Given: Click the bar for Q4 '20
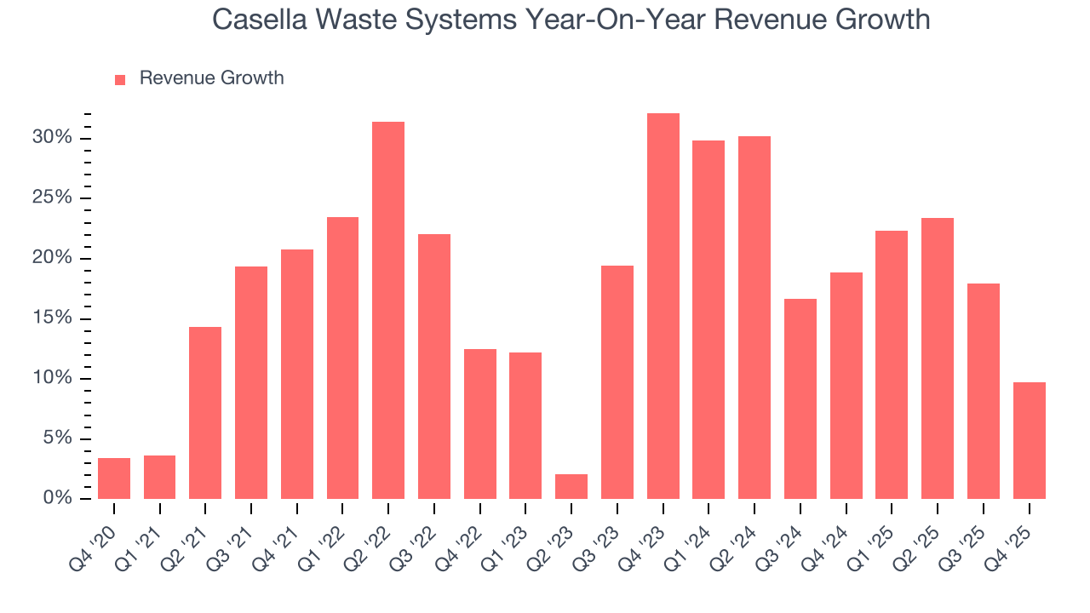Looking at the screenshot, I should [114, 478].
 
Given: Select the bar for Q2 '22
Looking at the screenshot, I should [388, 311].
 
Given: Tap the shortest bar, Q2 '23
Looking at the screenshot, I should [571, 487].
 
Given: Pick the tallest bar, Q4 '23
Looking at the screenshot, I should [663, 306].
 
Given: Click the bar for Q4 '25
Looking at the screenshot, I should [1029, 441].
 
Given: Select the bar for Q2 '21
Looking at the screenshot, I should [205, 413].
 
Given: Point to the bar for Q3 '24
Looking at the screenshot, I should [800, 399].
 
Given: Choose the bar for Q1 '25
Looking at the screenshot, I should [892, 365].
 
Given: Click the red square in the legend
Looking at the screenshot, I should [120, 79].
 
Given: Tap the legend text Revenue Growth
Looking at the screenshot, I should [211, 78].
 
